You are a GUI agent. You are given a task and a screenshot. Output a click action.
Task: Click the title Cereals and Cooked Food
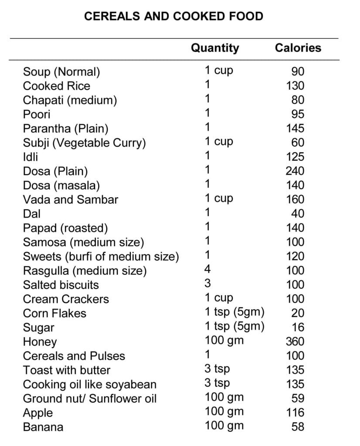173,17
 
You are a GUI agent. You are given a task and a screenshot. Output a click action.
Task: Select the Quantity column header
215,48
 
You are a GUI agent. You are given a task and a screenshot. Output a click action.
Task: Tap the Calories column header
298,48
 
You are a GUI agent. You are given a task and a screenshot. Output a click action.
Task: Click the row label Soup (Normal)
61,72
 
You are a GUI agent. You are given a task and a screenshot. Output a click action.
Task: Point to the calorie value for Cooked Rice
295,86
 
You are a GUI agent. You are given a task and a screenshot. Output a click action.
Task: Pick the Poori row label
37,114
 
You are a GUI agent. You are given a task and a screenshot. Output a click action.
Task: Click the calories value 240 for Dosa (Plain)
295,171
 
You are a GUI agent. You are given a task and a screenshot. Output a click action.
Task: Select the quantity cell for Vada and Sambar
219,199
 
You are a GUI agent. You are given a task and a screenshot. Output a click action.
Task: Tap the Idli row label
31,157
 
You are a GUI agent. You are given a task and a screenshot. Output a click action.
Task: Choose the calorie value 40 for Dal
298,213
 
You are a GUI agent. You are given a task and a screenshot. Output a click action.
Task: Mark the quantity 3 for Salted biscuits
208,284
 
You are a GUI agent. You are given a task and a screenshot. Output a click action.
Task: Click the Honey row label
40,342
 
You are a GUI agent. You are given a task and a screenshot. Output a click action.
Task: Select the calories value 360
295,341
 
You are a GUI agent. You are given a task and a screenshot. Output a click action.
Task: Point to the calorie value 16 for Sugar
298,327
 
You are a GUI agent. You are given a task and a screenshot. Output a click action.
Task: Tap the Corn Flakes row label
54,313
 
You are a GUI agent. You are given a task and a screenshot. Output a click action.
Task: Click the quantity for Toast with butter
217,369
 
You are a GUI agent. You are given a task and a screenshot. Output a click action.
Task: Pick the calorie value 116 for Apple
295,412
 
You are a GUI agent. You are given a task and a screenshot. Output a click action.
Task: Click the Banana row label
43,427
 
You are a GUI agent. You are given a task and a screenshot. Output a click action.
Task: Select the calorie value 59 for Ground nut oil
298,398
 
